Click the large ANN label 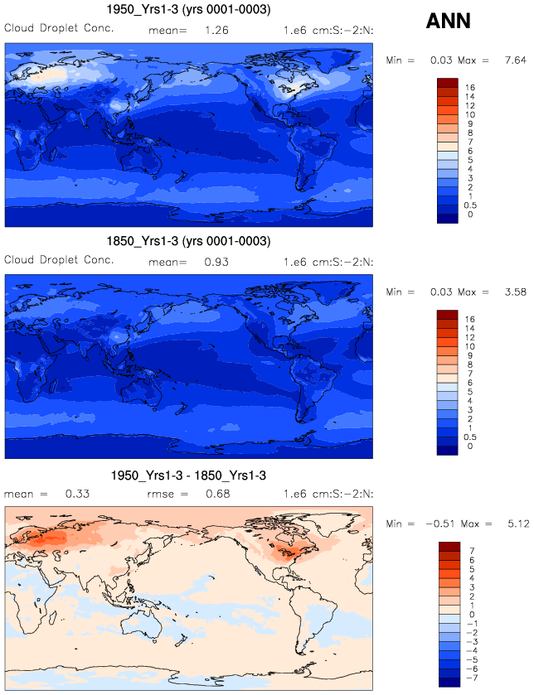(x=448, y=21)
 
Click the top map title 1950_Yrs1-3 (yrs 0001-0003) (x=188, y=9)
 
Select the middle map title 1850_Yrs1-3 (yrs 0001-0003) (x=188, y=241)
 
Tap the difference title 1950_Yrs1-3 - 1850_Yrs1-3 (x=188, y=475)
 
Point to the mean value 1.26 (x=216, y=31)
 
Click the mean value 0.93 (x=216, y=262)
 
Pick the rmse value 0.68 (x=218, y=494)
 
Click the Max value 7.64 (x=516, y=60)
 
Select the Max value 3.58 (x=516, y=292)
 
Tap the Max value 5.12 (x=518, y=524)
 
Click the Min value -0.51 (x=440, y=524)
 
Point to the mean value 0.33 (x=77, y=494)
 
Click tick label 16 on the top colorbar (x=469, y=87)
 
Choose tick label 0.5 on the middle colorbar (x=470, y=437)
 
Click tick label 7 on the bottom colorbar (x=472, y=551)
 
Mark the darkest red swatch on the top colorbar (x=448, y=83)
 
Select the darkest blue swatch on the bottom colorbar (x=449, y=683)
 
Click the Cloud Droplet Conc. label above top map (x=59, y=28)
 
